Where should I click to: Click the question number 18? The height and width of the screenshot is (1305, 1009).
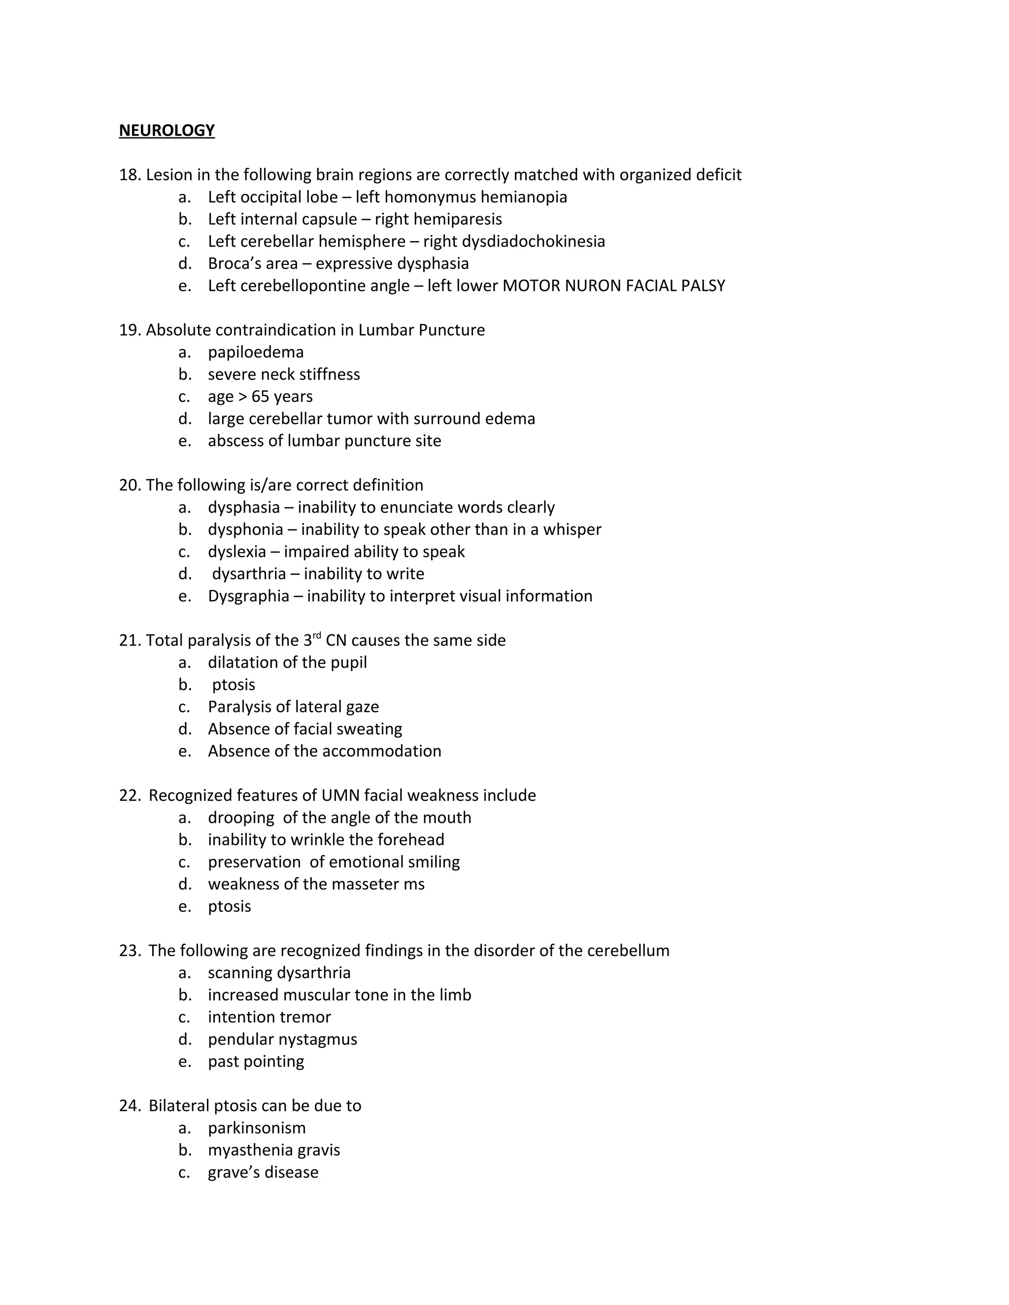pyautogui.click(x=129, y=175)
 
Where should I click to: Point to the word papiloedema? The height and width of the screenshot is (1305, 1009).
pyautogui.click(x=255, y=353)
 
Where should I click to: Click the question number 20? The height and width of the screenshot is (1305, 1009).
pyautogui.click(x=129, y=485)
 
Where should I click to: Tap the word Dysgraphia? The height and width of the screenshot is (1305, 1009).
pyautogui.click(x=248, y=596)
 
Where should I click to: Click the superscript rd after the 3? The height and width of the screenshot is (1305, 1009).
pyautogui.click(x=317, y=635)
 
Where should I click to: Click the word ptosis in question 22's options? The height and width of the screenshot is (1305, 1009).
pyautogui.click(x=229, y=907)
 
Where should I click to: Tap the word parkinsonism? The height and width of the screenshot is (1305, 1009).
pyautogui.click(x=256, y=1128)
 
